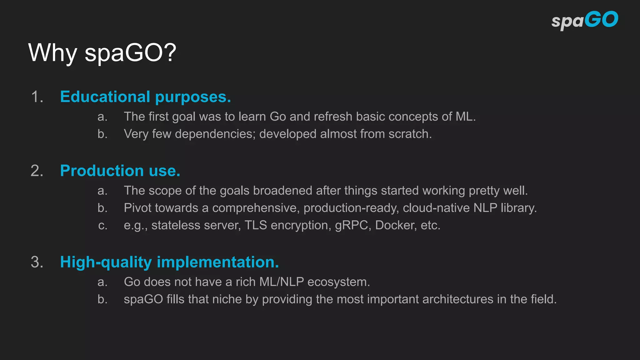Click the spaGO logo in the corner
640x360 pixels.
(x=584, y=20)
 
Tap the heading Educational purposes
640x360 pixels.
(x=145, y=97)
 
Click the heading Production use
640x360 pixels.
(x=120, y=171)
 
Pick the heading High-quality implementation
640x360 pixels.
(x=169, y=262)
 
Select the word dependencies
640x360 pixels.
(x=215, y=134)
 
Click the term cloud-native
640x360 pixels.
(x=436, y=208)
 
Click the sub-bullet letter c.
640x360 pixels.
(x=102, y=226)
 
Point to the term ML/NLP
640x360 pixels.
(x=282, y=282)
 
